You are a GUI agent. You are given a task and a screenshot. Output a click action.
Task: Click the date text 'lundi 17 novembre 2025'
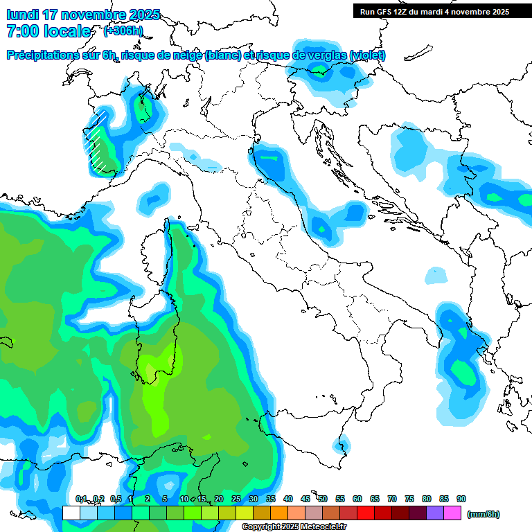point(83,15)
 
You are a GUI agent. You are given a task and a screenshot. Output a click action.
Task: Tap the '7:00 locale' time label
point(48,31)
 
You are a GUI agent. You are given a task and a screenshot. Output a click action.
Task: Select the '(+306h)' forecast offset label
point(123,31)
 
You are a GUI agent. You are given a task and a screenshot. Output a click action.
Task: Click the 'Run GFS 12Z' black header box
point(434,11)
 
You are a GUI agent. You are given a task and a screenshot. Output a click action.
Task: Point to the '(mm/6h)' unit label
point(483,514)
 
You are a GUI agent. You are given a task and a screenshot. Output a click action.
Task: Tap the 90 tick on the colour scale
point(461,499)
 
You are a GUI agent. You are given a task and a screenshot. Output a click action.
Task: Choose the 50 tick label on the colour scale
point(322,499)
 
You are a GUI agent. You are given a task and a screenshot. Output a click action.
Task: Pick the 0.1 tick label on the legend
point(80,499)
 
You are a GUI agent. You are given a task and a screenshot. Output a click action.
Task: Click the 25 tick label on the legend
point(236,499)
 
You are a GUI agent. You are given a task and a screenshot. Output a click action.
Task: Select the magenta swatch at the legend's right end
point(452,513)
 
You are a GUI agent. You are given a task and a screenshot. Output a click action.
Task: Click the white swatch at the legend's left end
point(71,513)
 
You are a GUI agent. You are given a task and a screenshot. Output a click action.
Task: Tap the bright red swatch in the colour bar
point(366,513)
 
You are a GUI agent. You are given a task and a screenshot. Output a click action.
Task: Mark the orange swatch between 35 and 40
point(279,513)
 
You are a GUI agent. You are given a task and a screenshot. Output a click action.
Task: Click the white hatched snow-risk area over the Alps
point(99,142)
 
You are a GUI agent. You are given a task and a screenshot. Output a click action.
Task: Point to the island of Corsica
point(157,253)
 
